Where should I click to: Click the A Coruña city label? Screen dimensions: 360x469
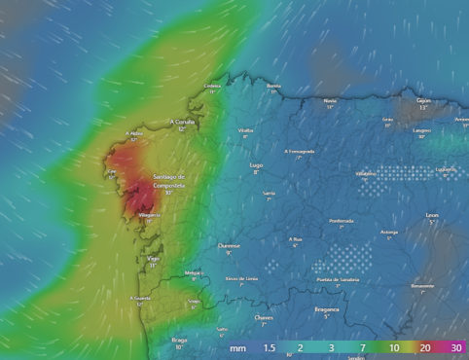coord(183,122)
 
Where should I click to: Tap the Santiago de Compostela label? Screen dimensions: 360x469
coord(168,181)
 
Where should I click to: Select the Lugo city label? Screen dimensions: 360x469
coord(257,165)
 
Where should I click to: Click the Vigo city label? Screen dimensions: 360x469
coord(153,259)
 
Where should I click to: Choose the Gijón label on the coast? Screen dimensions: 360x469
coord(423,99)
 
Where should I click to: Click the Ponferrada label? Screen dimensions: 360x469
coord(341,221)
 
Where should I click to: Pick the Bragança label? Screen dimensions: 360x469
coord(327,309)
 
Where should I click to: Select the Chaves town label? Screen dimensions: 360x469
coord(263,317)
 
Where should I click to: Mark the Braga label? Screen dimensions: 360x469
coord(179,340)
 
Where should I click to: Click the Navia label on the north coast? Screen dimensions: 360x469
coord(330,100)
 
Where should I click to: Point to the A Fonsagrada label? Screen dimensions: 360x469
coord(300,151)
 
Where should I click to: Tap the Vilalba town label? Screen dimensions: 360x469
coord(245,130)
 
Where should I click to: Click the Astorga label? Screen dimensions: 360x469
coord(389,232)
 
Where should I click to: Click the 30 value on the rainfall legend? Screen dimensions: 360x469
coord(456,347)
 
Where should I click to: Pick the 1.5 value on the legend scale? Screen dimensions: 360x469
coord(270,347)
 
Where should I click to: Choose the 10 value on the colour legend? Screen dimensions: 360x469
coord(395,347)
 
